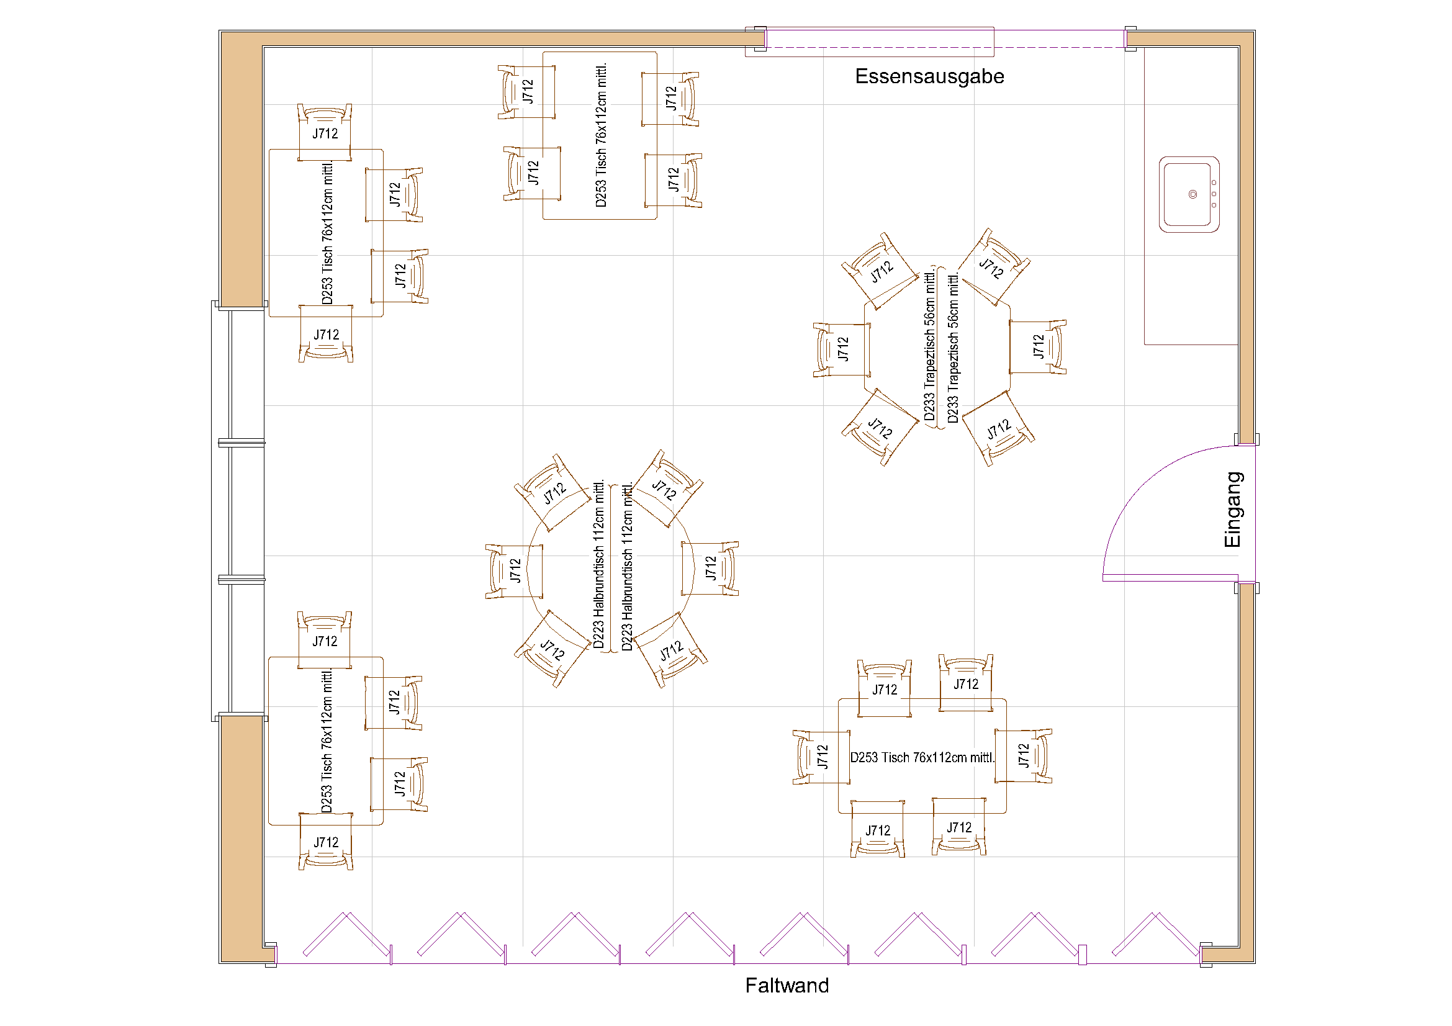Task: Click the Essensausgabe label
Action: coord(929,76)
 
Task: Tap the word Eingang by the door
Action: coord(1233,510)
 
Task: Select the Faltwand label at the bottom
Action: coord(786,985)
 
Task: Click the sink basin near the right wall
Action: coord(1188,194)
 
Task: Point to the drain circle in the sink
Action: coord(1192,194)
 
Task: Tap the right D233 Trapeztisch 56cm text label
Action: coord(952,348)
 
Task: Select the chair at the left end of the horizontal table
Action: coord(820,757)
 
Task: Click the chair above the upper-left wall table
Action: coord(325,132)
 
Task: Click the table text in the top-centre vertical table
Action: coord(601,135)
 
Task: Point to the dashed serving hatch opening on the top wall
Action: coord(942,47)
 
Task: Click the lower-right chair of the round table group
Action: coord(670,650)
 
